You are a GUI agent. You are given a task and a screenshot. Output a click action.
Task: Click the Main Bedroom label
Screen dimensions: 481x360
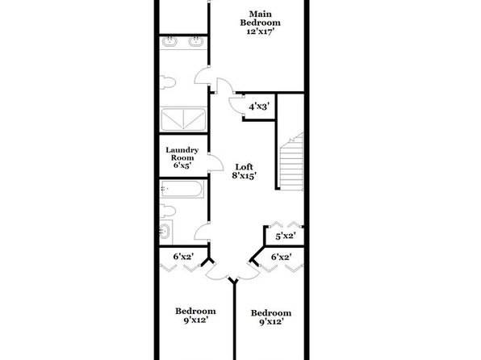[260, 19]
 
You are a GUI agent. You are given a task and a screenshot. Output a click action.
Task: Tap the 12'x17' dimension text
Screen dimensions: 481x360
[260, 31]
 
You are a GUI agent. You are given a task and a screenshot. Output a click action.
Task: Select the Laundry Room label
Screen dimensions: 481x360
[182, 153]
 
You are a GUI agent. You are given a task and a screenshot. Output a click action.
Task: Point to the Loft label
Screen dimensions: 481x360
[245, 167]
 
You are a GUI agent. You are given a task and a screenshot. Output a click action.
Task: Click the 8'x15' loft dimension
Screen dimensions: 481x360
[245, 176]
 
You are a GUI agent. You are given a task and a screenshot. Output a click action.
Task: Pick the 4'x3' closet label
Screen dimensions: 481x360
[259, 107]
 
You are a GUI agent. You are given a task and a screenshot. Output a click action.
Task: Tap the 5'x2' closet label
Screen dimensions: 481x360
[286, 237]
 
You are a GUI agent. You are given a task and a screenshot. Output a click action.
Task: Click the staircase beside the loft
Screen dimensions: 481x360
[291, 161]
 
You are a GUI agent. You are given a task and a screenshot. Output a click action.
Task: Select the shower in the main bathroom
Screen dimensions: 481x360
[183, 119]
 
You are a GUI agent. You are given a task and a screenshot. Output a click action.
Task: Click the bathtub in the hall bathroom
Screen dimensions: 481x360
[182, 189]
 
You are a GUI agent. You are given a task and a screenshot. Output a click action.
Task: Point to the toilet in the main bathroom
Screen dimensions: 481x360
[168, 82]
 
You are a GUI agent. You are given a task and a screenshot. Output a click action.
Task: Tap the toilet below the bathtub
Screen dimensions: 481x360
[168, 211]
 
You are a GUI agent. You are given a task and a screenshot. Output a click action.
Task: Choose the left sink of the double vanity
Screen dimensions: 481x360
[169, 41]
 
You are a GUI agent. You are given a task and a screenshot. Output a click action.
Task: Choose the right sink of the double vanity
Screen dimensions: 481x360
[195, 41]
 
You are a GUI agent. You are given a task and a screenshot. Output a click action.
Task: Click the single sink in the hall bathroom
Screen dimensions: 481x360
[165, 231]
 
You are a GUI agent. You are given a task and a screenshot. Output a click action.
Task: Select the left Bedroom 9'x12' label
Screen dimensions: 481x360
[195, 316]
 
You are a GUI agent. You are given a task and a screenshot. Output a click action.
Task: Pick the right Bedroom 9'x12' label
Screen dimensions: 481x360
[271, 317]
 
